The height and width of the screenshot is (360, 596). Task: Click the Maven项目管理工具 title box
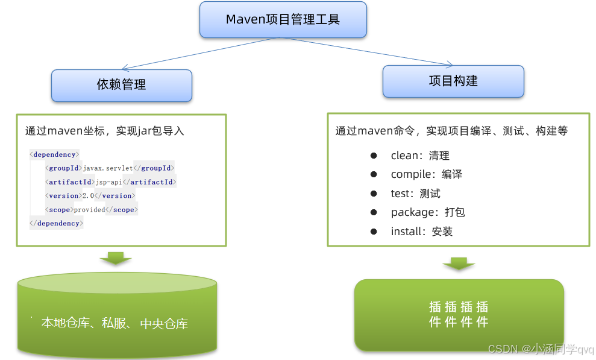click(x=283, y=19)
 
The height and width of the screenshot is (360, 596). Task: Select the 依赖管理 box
click(x=121, y=85)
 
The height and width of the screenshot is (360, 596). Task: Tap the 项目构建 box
click(x=453, y=81)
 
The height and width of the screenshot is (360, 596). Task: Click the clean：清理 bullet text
click(x=420, y=156)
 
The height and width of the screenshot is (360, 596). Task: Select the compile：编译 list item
click(x=426, y=174)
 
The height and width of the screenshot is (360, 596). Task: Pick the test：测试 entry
click(x=415, y=194)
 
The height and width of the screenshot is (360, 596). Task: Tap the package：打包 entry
click(x=428, y=212)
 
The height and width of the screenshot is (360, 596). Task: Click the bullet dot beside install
click(x=374, y=232)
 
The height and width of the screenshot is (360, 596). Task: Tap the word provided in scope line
click(x=89, y=210)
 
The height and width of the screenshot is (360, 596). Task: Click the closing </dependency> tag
click(x=57, y=223)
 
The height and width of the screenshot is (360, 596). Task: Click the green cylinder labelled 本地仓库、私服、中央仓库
click(x=117, y=317)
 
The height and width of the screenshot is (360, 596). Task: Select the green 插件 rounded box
click(x=459, y=314)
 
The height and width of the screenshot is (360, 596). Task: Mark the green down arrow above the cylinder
click(x=116, y=257)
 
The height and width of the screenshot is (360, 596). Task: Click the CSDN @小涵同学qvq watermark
click(x=541, y=349)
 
